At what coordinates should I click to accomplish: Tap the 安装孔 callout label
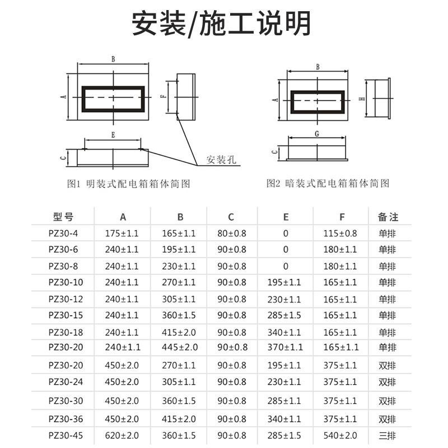coord(221,160)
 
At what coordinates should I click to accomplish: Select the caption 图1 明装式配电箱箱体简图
coord(128,184)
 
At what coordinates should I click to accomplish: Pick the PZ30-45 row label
coord(65,435)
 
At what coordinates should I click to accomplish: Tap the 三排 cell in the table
coord(388,435)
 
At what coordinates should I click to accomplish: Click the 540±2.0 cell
coord(340,435)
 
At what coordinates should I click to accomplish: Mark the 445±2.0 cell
coord(180,347)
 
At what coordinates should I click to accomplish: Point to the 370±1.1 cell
coord(285,347)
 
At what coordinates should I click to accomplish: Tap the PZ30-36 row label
coord(65,418)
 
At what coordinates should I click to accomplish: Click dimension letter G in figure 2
coord(317,134)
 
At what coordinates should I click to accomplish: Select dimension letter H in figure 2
coord(362,99)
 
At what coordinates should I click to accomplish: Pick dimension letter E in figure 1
coord(113,135)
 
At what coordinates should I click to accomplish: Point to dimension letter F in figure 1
coord(162,96)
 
